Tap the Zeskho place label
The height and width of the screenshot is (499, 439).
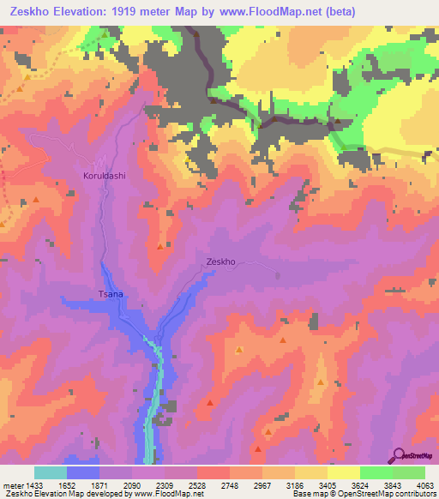(220, 262)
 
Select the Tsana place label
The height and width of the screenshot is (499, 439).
(111, 294)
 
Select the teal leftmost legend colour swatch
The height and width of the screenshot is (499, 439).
(50, 472)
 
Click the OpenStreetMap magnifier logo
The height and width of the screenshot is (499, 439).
(400, 455)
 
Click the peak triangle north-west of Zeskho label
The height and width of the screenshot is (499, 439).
(160, 247)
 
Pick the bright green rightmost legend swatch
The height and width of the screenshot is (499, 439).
(408, 472)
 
